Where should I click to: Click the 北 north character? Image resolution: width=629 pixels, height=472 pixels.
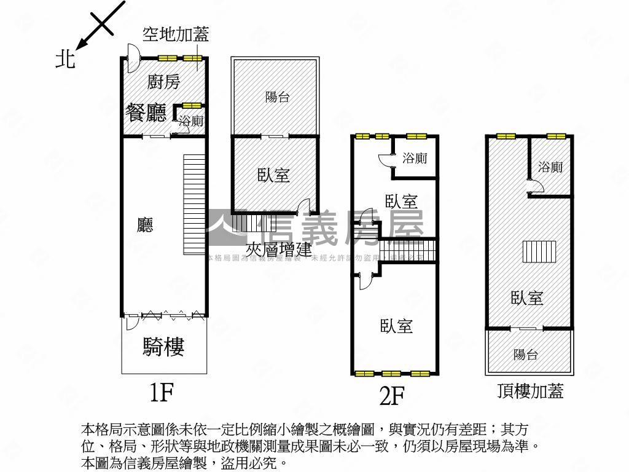coord(66,59)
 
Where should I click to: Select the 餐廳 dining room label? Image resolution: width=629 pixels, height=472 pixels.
coord(147,112)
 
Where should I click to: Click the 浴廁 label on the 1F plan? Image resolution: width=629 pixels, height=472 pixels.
coord(191,121)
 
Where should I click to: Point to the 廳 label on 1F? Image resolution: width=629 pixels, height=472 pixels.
coord(145,225)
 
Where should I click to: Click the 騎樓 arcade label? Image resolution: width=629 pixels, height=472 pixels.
coord(164,347)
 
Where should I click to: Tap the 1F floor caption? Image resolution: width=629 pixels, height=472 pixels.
coord(163,391)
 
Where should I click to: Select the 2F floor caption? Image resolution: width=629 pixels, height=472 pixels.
coord(392,396)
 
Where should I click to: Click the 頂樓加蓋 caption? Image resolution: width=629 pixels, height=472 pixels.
coord(531,390)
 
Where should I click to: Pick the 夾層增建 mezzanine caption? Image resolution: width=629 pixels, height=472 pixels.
coord(279,250)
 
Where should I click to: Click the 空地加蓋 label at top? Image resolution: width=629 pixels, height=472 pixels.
coord(176,34)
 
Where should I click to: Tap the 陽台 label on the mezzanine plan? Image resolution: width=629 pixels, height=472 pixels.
coord(277,96)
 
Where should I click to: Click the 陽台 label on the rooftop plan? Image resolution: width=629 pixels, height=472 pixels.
coord(526,354)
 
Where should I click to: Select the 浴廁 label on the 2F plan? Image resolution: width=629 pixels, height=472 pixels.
coord(415,158)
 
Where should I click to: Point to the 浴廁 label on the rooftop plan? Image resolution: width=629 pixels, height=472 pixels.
coord(550,167)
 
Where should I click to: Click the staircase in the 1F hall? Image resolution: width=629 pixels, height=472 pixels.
coord(193,205)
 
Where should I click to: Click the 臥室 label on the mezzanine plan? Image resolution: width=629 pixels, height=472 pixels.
coord(274,175)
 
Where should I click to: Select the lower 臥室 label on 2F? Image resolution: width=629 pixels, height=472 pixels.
coord(396,326)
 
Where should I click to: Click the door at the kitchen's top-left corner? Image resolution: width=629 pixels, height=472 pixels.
coord(131,54)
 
